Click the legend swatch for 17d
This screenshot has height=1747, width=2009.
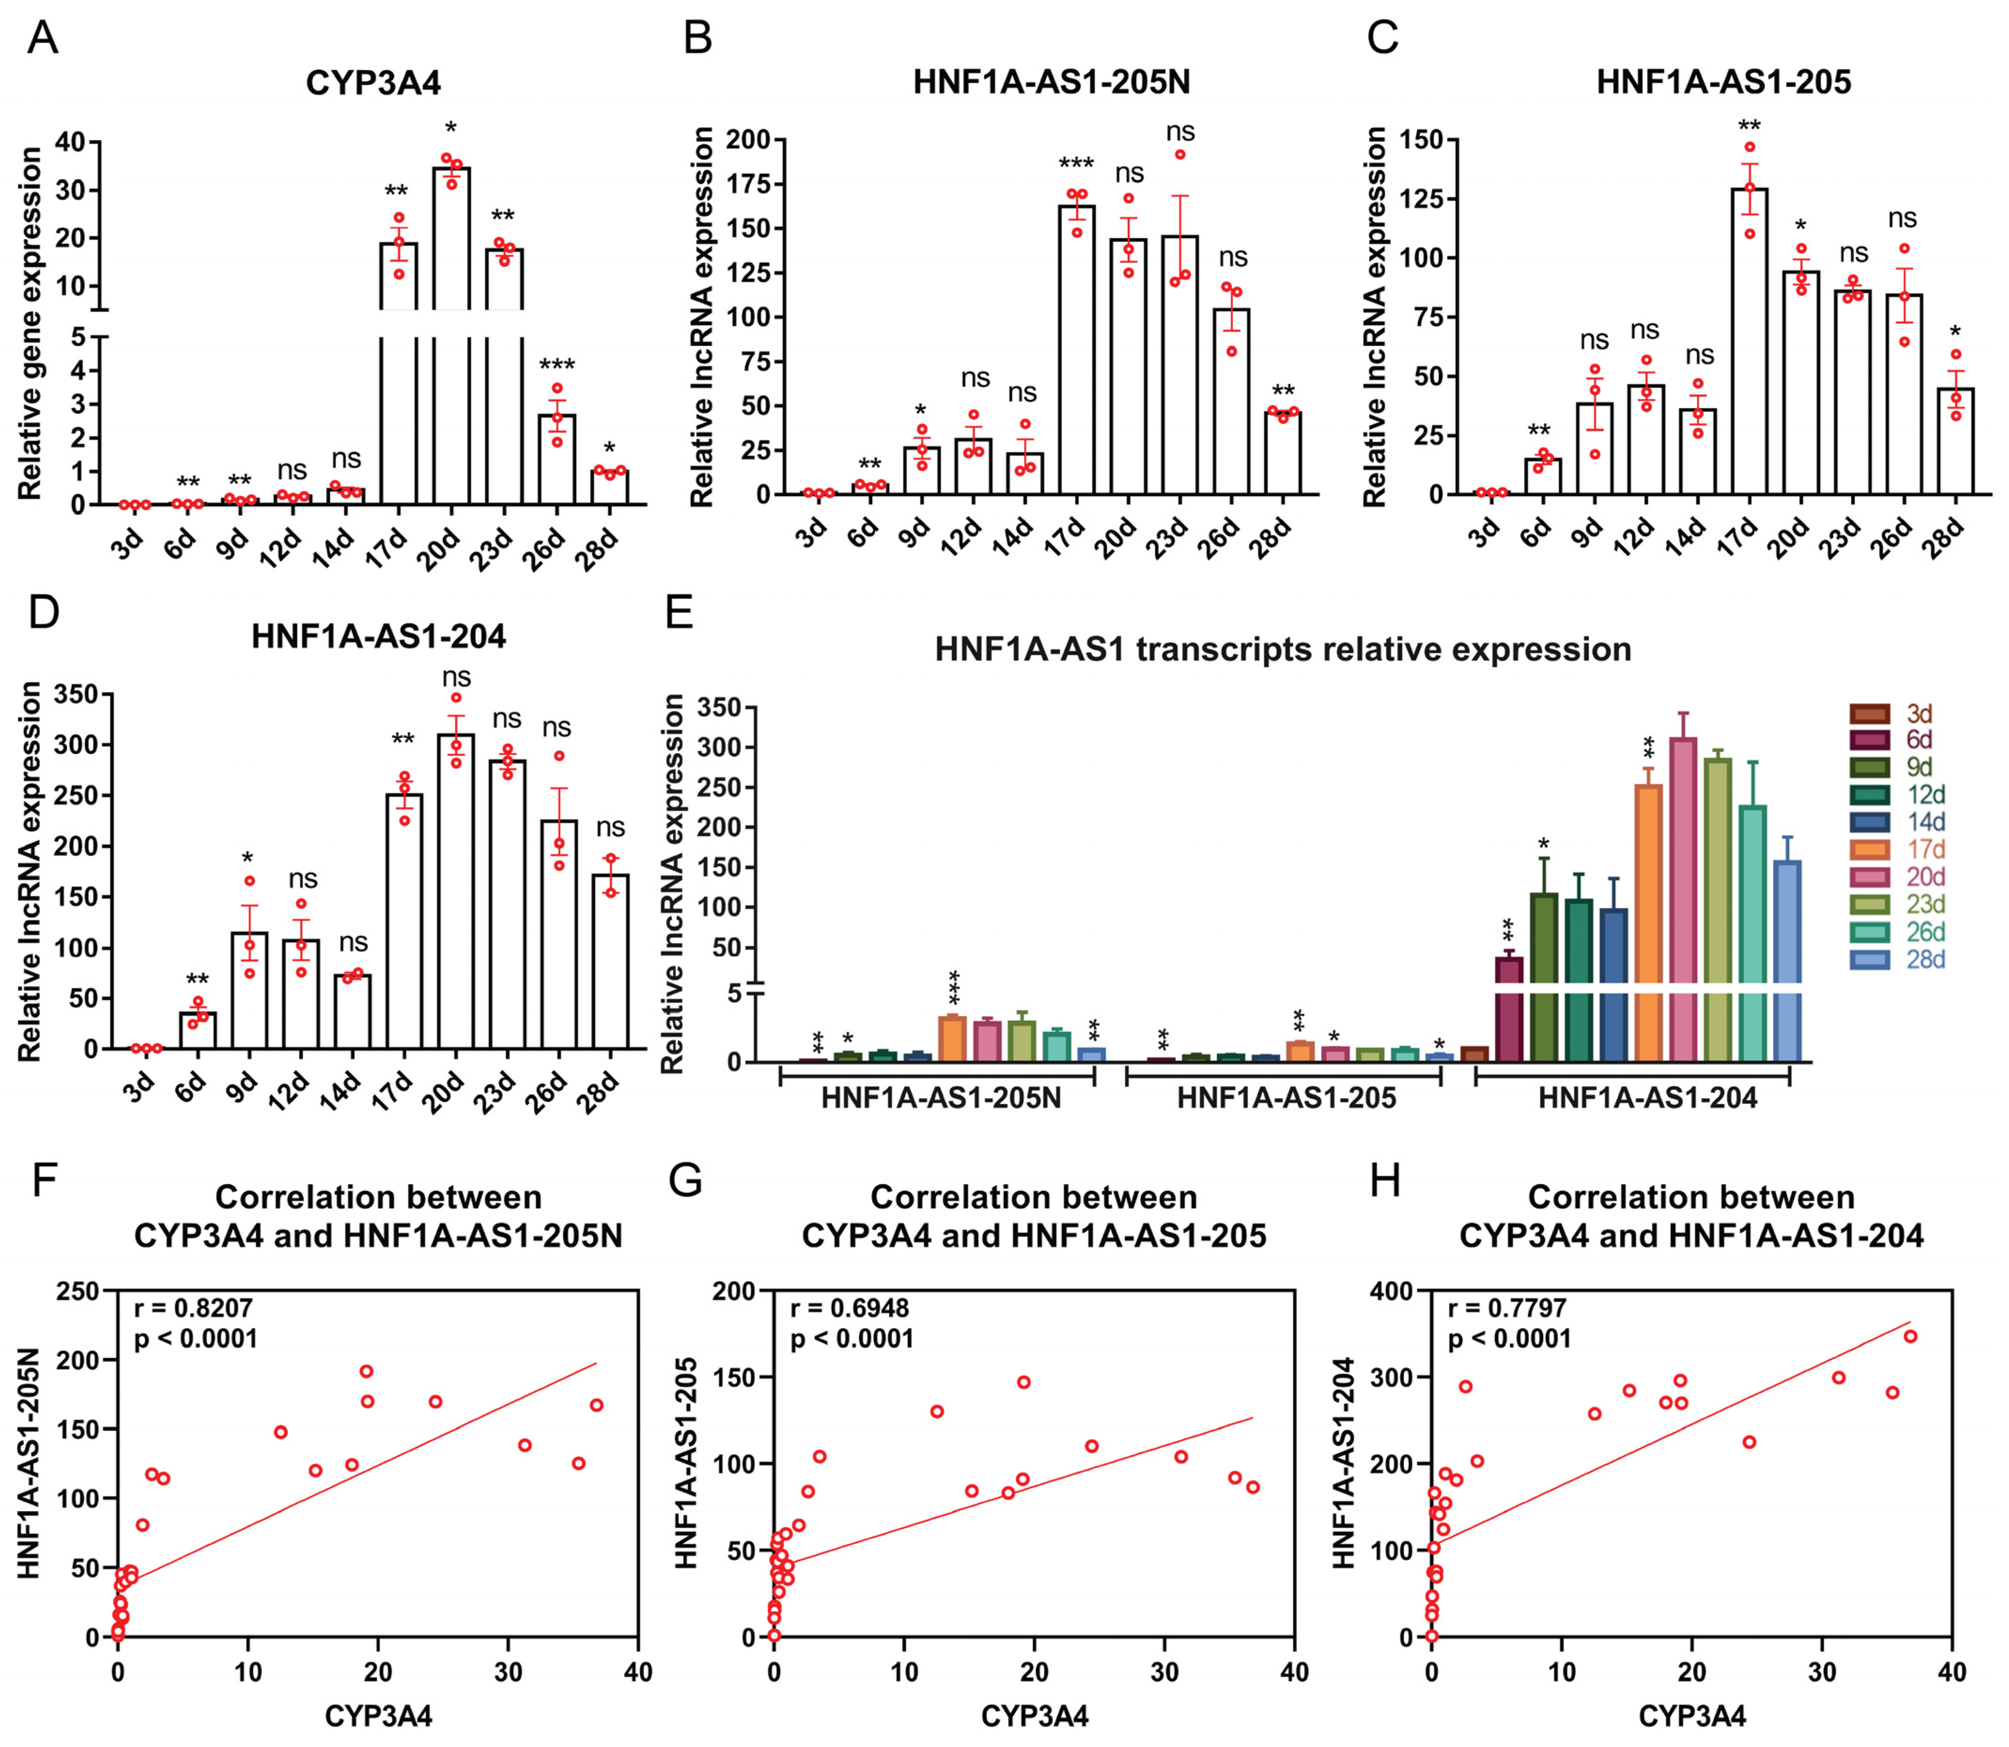tap(1869, 849)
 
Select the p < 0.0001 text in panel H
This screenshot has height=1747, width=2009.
tap(1509, 1338)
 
